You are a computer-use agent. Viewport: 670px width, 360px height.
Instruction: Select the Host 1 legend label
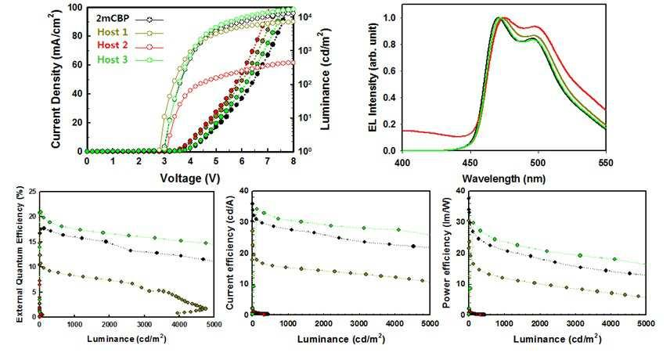click(112, 31)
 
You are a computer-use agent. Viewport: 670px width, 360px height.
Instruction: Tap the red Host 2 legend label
click(112, 45)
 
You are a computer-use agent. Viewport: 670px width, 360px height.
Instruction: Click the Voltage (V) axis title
click(189, 177)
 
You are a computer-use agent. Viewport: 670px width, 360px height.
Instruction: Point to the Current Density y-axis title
click(57, 78)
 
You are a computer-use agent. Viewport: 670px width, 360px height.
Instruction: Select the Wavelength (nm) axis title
click(504, 177)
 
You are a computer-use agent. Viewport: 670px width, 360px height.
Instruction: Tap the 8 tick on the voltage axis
click(294, 161)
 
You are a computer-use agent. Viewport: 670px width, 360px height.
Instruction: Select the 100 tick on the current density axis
click(75, 8)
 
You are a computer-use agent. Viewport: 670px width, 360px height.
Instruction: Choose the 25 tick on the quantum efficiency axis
click(30, 192)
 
